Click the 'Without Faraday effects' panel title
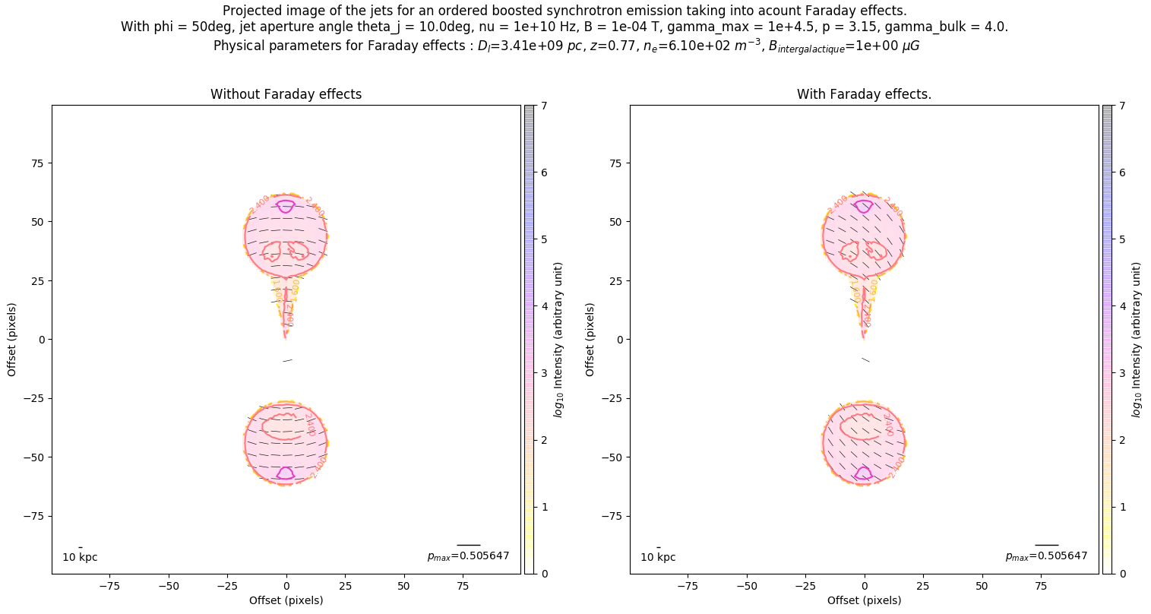pyautogui.click(x=286, y=94)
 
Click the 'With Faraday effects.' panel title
pyautogui.click(x=864, y=94)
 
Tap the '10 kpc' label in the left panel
pyautogui.click(x=80, y=558)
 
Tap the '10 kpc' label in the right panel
pyautogui.click(x=658, y=558)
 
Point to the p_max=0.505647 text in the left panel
pyautogui.click(x=468, y=556)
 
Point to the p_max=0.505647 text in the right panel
pyautogui.click(x=1046, y=556)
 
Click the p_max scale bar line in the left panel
pyautogui.click(x=468, y=545)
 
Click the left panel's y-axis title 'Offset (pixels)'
pyautogui.click(x=12, y=339)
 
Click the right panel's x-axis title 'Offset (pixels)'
pyautogui.click(x=864, y=600)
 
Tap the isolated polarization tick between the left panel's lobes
pyautogui.click(x=287, y=360)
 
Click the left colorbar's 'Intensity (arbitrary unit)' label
pyautogui.click(x=558, y=340)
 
